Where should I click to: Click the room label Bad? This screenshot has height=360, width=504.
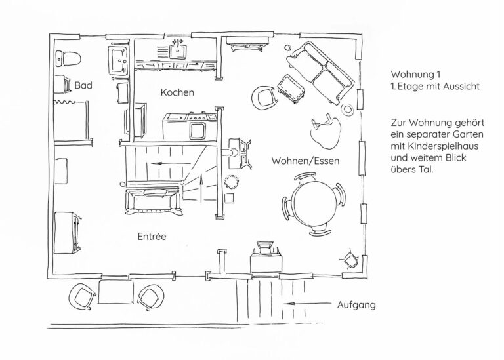pos(83,85)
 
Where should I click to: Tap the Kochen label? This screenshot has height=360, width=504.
pos(177,92)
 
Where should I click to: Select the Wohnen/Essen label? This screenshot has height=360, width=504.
pos(305,161)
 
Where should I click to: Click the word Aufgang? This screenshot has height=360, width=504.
pos(356,305)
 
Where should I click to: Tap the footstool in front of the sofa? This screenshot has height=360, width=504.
pos(289,88)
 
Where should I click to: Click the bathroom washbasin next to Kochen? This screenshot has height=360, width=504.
pos(119,58)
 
